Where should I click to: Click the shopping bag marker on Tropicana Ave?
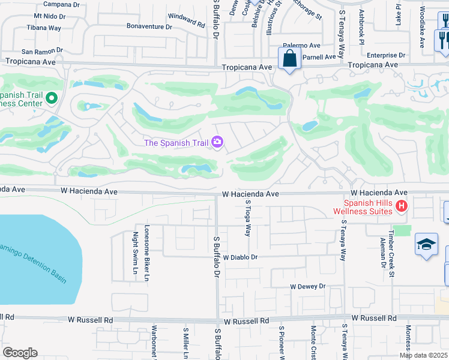pyautogui.click(x=289, y=59)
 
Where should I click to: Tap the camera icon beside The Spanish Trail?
pyautogui.click(x=217, y=142)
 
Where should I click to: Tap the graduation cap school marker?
pyautogui.click(x=426, y=245)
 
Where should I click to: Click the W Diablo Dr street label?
pyautogui.click(x=240, y=257)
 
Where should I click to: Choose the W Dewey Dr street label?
pyautogui.click(x=307, y=287)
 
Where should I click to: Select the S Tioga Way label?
pyautogui.click(x=247, y=218)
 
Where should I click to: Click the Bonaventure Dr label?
pyautogui.click(x=149, y=26)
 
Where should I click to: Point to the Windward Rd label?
pyautogui.click(x=188, y=22)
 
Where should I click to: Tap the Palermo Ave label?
pyautogui.click(x=303, y=46)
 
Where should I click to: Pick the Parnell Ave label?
pyautogui.click(x=320, y=57)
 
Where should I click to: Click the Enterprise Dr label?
pyautogui.click(x=386, y=55)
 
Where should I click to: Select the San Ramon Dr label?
pyautogui.click(x=42, y=52)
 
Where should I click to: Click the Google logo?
pyautogui.click(x=20, y=353)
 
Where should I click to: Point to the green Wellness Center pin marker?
pyautogui.click(x=52, y=97)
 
